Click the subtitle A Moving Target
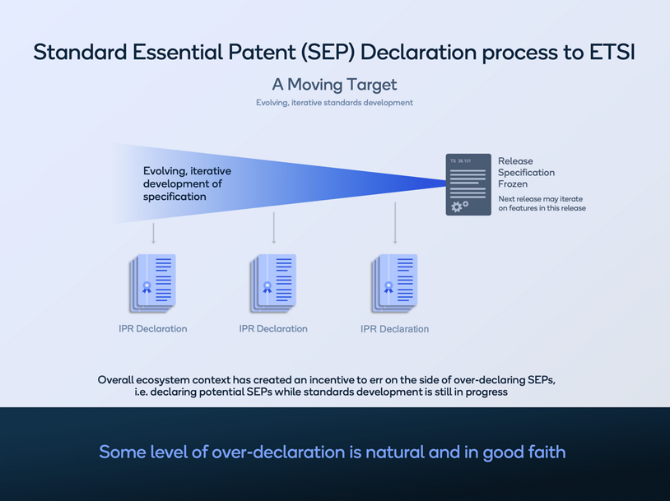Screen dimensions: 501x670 334,84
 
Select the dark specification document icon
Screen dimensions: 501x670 468,184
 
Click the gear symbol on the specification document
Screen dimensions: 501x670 458,206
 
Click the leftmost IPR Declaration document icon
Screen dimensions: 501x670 153,282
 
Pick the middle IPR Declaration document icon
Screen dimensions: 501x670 273,282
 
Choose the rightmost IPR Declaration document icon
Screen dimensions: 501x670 395,282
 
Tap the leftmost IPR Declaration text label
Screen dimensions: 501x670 153,329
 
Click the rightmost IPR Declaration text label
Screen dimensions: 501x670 395,329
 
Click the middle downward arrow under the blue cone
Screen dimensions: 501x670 274,229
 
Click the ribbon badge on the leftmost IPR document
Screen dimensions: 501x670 147,288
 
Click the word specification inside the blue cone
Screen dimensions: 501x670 174,197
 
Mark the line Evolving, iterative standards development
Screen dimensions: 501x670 334,103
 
